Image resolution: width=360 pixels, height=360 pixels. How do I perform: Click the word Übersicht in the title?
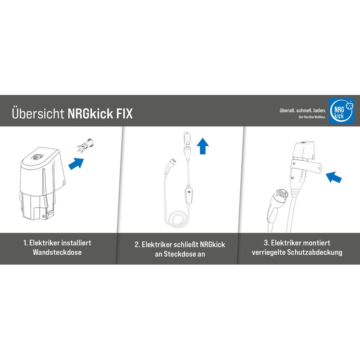[x=38, y=113]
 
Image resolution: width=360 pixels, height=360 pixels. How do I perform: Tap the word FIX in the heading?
[x=123, y=113]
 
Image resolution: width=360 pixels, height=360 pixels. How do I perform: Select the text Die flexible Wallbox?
[x=312, y=117]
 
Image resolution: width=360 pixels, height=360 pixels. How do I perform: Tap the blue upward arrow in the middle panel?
[x=203, y=146]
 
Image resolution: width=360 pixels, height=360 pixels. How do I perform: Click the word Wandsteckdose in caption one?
[x=57, y=252]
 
